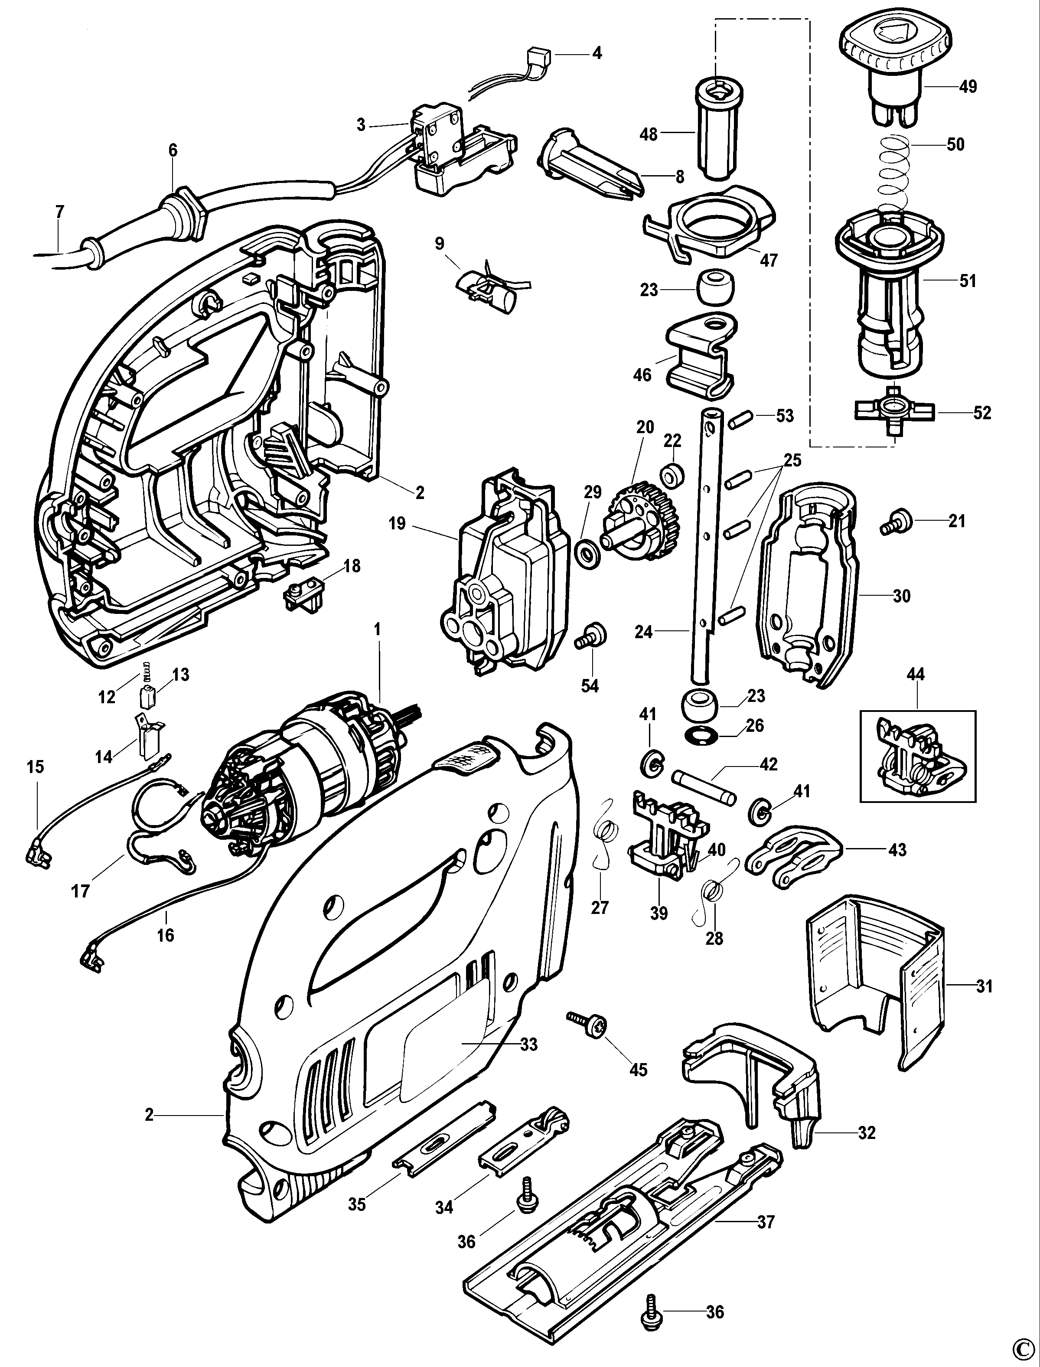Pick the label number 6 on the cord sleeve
[173, 150]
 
